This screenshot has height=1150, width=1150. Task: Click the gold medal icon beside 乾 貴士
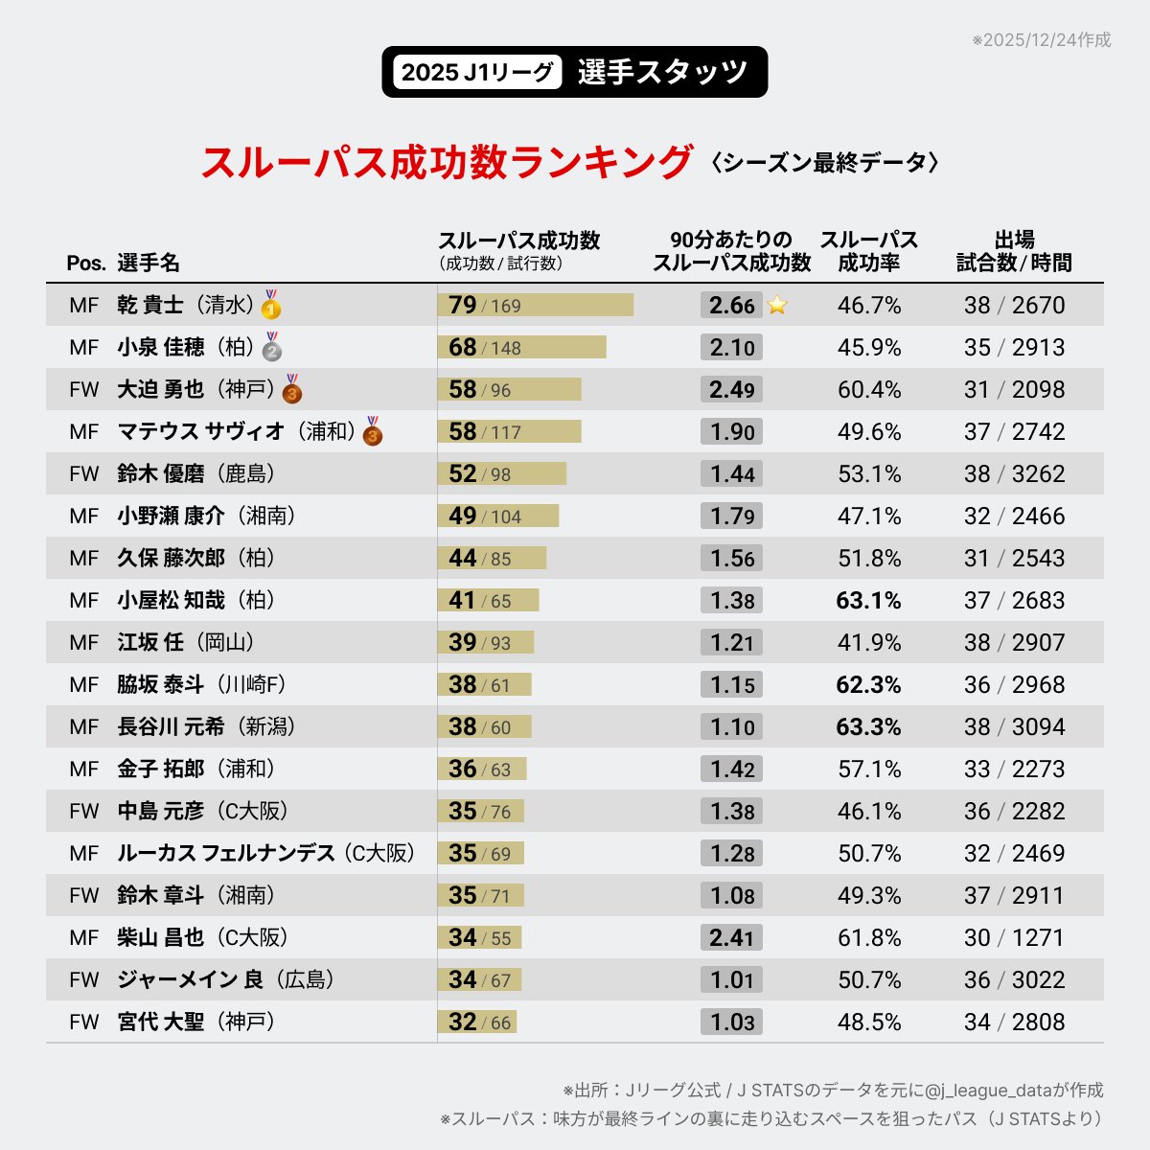pyautogui.click(x=271, y=306)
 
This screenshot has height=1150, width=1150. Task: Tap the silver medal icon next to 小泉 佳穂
pyautogui.click(x=272, y=348)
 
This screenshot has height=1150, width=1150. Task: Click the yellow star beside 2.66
pyautogui.click(x=777, y=306)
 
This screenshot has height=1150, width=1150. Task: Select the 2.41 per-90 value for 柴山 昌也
pyautogui.click(x=731, y=937)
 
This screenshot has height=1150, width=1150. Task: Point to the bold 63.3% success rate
pyautogui.click(x=868, y=727)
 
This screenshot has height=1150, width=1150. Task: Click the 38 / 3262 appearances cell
pyautogui.click(x=1014, y=474)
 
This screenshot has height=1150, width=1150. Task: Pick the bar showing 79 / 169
pyautogui.click(x=535, y=306)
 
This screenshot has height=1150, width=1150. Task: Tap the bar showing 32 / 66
pyautogui.click(x=477, y=1023)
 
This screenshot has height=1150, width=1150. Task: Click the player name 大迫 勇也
pyautogui.click(x=160, y=390)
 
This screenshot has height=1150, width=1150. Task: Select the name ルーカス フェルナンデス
pyautogui.click(x=226, y=854)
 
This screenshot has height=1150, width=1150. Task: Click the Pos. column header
pyautogui.click(x=86, y=264)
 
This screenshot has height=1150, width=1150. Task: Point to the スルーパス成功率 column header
pyautogui.click(x=868, y=251)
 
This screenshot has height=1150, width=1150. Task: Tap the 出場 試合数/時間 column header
pyautogui.click(x=1014, y=251)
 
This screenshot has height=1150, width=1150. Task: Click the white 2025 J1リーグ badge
pyautogui.click(x=477, y=73)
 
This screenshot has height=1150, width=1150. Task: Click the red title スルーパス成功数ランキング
pyautogui.click(x=447, y=162)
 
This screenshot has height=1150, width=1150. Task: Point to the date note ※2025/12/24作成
pyautogui.click(x=1041, y=40)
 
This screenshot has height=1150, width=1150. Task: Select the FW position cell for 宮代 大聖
pyautogui.click(x=84, y=1023)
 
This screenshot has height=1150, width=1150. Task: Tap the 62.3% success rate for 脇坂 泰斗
pyautogui.click(x=868, y=685)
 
